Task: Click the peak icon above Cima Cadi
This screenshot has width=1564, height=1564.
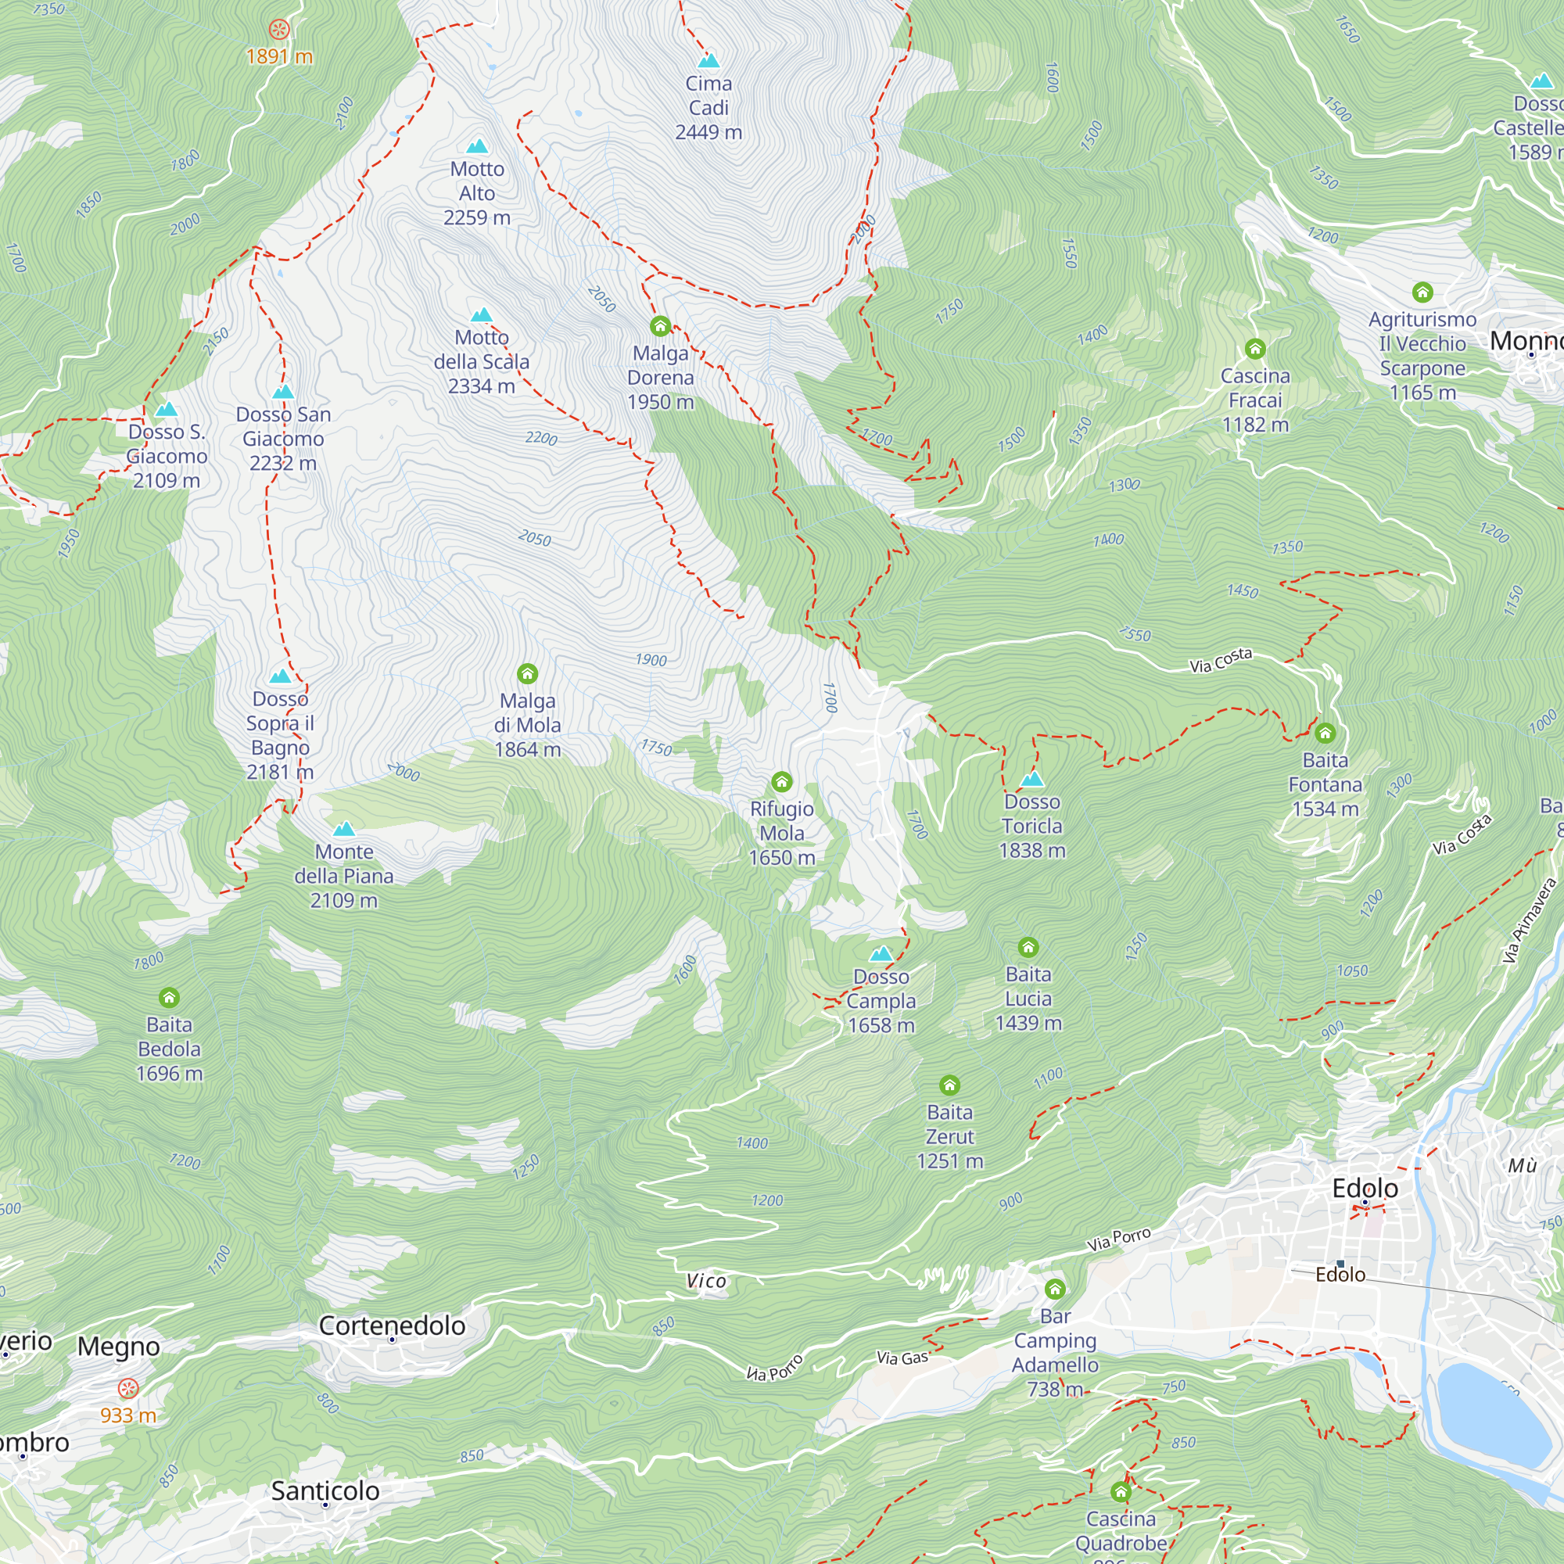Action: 708,61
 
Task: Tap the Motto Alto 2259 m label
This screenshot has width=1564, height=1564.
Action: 477,193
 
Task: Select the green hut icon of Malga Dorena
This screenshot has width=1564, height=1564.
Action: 660,326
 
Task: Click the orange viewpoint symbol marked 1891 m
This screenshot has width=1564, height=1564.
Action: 279,30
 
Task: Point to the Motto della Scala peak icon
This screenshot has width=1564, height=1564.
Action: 481,315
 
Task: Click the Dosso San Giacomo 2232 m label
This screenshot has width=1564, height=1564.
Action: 282,439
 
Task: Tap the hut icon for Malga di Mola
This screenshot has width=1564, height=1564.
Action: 527,673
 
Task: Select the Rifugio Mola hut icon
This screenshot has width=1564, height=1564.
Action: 781,781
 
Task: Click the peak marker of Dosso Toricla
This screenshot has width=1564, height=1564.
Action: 1031,780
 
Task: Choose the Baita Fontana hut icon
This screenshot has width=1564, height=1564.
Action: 1325,734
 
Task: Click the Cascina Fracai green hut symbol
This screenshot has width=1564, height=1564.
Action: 1255,349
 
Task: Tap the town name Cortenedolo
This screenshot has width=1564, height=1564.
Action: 392,1326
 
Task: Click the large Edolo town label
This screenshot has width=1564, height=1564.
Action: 1365,1189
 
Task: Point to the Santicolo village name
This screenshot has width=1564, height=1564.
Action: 325,1491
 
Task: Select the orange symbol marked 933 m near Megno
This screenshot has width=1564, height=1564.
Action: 128,1389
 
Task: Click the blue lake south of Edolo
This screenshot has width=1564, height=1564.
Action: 1492,1412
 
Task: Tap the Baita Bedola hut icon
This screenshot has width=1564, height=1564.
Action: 168,997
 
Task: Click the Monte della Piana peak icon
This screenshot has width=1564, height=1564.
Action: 344,829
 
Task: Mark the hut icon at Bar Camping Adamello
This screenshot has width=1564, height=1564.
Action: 1054,1289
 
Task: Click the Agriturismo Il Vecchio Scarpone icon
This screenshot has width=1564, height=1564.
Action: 1422,292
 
